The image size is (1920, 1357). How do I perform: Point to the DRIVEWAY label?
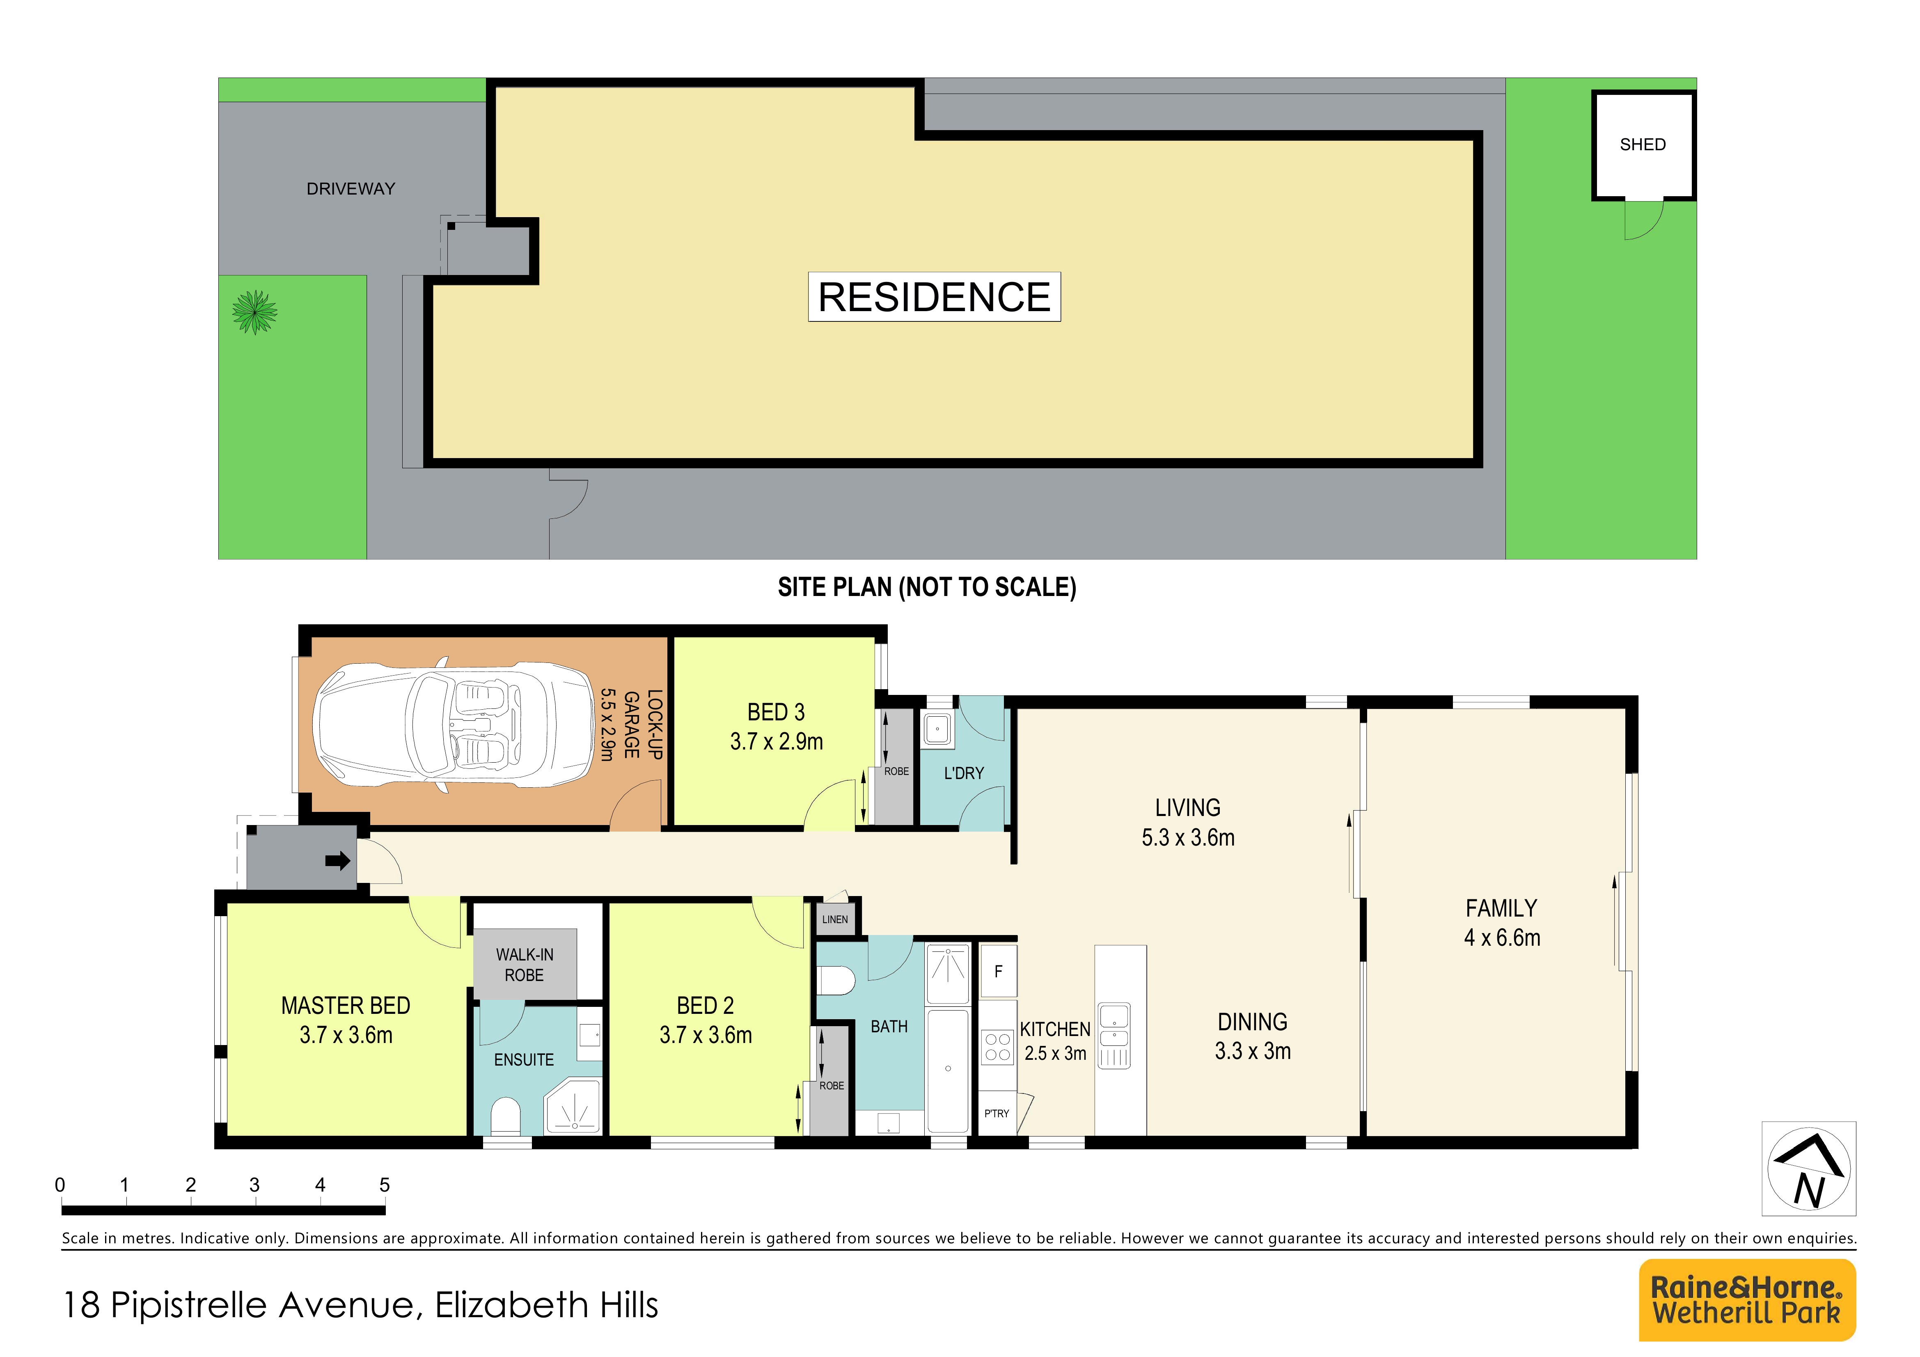(351, 189)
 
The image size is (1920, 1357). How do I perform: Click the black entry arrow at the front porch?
(338, 860)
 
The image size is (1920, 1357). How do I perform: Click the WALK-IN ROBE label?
(524, 965)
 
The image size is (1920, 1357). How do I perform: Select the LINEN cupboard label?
(834, 919)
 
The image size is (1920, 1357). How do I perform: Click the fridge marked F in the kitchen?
(998, 972)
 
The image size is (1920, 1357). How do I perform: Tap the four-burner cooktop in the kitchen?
(997, 1047)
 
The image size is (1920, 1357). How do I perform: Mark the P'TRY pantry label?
(996, 1114)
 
